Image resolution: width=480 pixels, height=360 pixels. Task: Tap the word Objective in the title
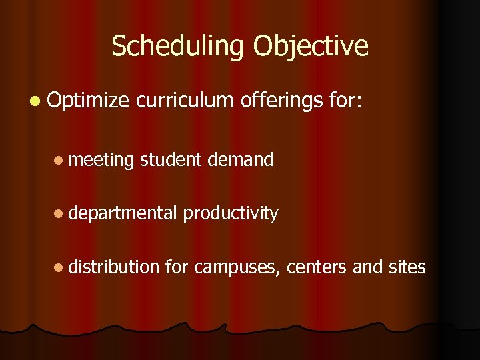311,47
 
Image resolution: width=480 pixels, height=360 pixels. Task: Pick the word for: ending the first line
345,102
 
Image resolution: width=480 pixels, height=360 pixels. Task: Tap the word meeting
101,160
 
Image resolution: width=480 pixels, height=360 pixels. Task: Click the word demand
240,159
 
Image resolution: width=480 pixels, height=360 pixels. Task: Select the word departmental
123,213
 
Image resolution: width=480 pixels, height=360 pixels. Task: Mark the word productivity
231,213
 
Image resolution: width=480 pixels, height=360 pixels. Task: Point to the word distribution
114,267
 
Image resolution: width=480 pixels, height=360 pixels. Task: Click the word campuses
237,268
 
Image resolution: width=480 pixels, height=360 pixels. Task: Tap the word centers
317,267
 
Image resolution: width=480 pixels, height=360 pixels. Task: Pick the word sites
407,267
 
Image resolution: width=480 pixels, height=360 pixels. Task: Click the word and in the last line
367,267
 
